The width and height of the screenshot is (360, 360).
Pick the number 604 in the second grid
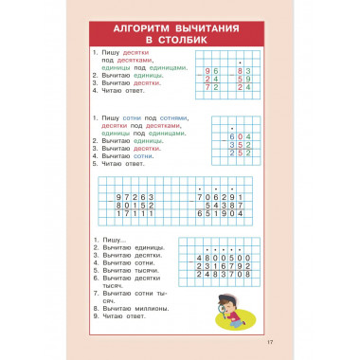pyautogui.click(x=236, y=135)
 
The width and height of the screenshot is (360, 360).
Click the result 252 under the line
pyautogui.click(x=236, y=153)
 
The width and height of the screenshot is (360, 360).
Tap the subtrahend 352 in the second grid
pyautogui.click(x=236, y=144)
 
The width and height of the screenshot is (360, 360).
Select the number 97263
pyautogui.click(x=135, y=195)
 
